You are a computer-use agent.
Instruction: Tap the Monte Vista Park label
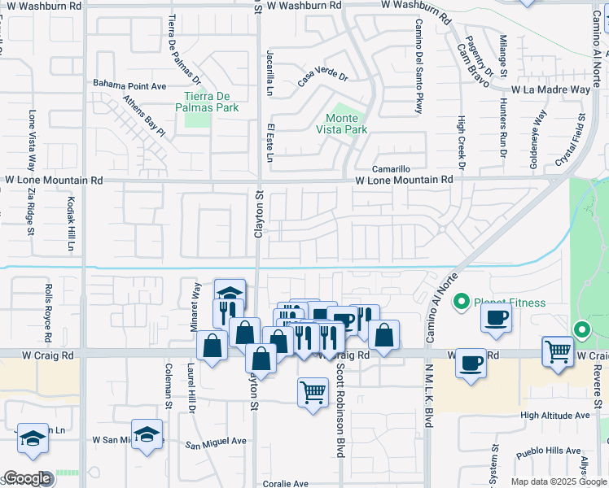click(x=341, y=124)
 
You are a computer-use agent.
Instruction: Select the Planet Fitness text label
click(x=510, y=303)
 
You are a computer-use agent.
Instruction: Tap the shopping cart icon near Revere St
click(x=558, y=352)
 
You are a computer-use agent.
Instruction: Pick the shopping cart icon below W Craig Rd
click(x=313, y=393)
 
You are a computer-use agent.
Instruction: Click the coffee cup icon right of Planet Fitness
click(x=496, y=319)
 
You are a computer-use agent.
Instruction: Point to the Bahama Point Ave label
click(x=129, y=85)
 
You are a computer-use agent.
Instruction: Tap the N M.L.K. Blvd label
click(x=427, y=394)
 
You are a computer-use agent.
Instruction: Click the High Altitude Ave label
click(x=555, y=416)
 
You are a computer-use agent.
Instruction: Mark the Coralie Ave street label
click(x=285, y=484)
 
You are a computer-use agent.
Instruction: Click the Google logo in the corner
click(x=27, y=478)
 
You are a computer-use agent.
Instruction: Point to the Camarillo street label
click(x=391, y=169)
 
